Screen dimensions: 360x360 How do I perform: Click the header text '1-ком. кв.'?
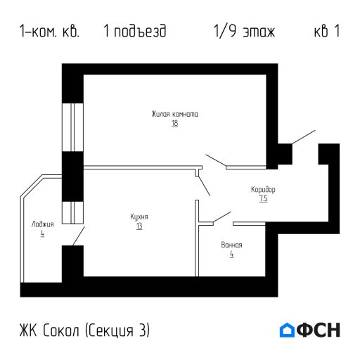[50, 32]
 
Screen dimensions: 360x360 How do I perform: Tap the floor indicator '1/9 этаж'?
[243, 32]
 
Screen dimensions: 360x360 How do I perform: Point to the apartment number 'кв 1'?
[326, 32]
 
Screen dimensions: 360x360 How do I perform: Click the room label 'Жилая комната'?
[174, 114]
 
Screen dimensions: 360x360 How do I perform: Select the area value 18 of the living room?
[174, 124]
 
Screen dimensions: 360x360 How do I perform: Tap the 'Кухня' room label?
[139, 217]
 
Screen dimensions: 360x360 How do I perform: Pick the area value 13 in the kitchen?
[139, 226]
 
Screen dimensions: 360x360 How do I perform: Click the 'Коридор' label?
[263, 190]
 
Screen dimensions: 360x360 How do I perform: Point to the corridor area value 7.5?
[263, 199]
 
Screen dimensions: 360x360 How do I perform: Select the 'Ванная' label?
[231, 245]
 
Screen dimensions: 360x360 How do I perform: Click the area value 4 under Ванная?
[231, 255]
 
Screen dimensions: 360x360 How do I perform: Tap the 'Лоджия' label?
[42, 224]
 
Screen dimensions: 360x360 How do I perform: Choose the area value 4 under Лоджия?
[42, 233]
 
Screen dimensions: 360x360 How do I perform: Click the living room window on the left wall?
[72, 127]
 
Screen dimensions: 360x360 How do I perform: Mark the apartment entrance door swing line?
[304, 138]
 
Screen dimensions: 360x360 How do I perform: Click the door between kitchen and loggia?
[79, 236]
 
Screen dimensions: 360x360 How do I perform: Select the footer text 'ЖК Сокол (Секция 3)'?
[85, 330]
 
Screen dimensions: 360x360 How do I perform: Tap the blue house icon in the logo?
[287, 330]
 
